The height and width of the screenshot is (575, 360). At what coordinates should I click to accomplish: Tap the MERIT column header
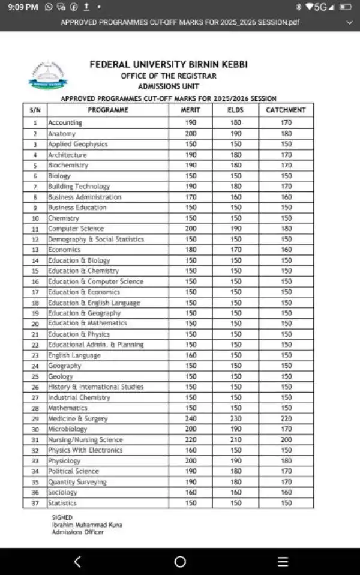click(x=190, y=110)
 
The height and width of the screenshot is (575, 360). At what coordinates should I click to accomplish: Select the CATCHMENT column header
click(x=286, y=110)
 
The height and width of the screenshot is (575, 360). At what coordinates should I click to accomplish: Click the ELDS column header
click(x=236, y=110)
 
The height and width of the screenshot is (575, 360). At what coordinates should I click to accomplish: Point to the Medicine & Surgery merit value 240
click(x=190, y=418)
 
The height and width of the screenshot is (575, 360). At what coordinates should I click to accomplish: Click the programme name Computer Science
click(x=76, y=229)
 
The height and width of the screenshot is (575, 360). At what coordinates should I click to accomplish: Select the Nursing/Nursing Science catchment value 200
click(x=286, y=439)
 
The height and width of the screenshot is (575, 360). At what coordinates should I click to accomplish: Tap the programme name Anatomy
click(x=62, y=134)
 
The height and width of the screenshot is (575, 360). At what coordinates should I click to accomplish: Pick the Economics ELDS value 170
click(x=236, y=250)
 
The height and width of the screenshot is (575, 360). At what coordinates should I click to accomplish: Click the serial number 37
click(x=35, y=503)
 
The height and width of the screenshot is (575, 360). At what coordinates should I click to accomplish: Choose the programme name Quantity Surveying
click(x=77, y=482)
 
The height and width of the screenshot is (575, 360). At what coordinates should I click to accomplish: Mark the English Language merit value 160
click(x=190, y=355)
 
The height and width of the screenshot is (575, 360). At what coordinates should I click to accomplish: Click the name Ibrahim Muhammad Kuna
click(x=87, y=525)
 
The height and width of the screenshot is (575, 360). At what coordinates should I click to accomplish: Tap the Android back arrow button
click(x=77, y=562)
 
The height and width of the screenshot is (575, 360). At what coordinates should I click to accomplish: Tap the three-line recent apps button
click(x=283, y=562)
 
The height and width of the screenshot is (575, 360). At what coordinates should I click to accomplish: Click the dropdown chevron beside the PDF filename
click(x=350, y=22)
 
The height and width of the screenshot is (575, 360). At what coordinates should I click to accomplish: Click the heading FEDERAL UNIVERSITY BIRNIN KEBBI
click(x=168, y=65)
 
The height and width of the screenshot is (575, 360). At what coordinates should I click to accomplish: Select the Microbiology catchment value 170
click(x=286, y=429)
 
